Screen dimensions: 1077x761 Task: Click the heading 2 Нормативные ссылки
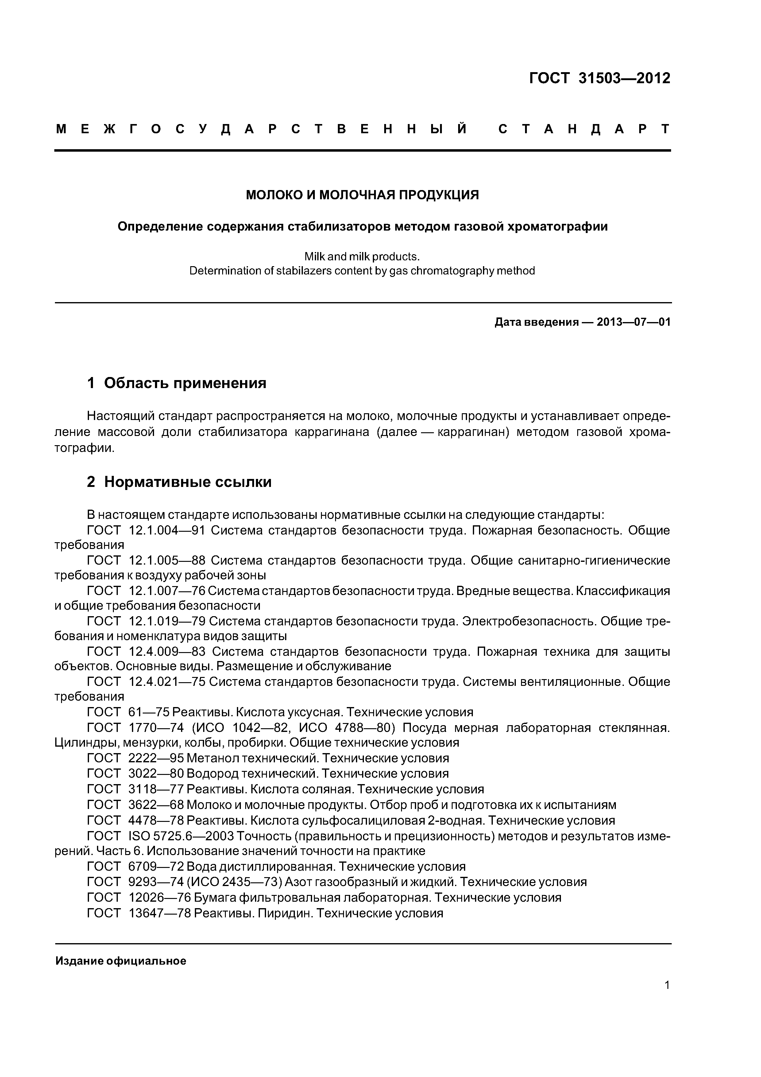(x=179, y=482)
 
